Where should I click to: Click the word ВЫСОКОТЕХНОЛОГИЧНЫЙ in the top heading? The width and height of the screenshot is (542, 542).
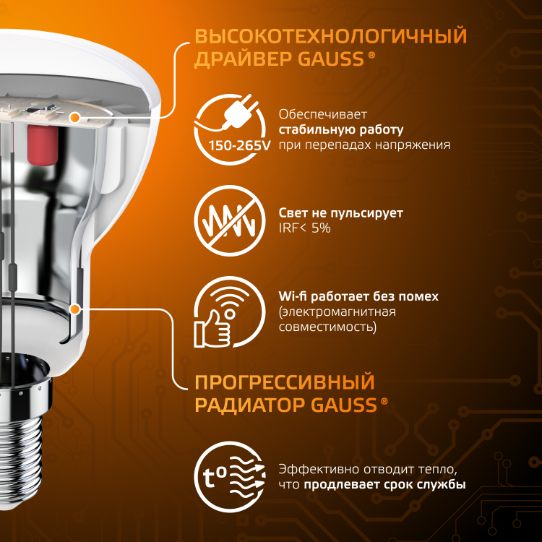click(x=331, y=36)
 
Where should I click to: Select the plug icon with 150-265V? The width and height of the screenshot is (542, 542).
click(x=230, y=129)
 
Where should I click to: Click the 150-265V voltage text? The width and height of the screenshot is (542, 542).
click(x=239, y=145)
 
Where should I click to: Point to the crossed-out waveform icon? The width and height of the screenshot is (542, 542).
click(x=230, y=221)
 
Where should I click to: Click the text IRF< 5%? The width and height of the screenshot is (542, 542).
click(x=304, y=228)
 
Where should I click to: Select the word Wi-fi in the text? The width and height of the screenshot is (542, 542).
click(x=293, y=296)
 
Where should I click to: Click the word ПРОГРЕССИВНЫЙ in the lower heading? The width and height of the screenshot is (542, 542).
click(x=285, y=382)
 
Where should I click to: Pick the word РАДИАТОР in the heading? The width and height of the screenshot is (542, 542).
click(x=251, y=405)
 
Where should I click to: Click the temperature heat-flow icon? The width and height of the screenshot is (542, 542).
click(x=230, y=477)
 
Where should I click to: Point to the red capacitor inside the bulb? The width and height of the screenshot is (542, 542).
click(x=43, y=144)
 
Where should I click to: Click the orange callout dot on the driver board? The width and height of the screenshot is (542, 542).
click(x=74, y=118)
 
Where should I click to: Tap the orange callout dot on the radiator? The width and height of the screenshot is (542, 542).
click(x=74, y=309)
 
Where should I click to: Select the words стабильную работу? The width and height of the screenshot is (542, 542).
click(x=341, y=129)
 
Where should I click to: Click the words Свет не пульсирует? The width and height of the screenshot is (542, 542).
click(x=341, y=213)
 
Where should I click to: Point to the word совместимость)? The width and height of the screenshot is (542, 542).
click(x=327, y=327)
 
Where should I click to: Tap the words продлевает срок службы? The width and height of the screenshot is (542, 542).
click(x=384, y=485)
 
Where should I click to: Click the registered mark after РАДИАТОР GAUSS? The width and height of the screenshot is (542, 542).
click(x=384, y=401)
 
